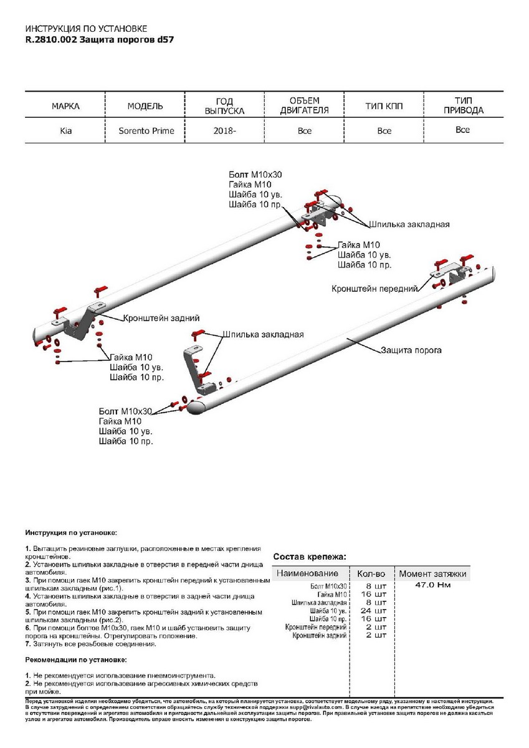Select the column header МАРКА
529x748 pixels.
tap(65, 107)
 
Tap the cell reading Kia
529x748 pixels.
tap(65, 131)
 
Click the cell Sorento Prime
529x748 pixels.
tap(146, 131)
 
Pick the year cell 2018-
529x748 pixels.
tap(224, 131)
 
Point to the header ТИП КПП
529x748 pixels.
tap(384, 107)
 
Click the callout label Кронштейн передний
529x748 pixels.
tap(374, 289)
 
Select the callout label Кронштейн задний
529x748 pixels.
tap(157, 317)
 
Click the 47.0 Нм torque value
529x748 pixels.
tap(432, 585)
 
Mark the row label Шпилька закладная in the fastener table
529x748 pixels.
tap(319, 603)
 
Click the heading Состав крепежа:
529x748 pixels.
tap(310, 557)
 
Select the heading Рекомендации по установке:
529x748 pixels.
tap(76, 659)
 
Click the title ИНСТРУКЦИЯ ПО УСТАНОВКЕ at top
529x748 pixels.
tap(86, 29)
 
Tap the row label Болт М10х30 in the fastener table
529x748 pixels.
tap(328, 587)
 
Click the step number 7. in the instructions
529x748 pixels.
tap(27, 645)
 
